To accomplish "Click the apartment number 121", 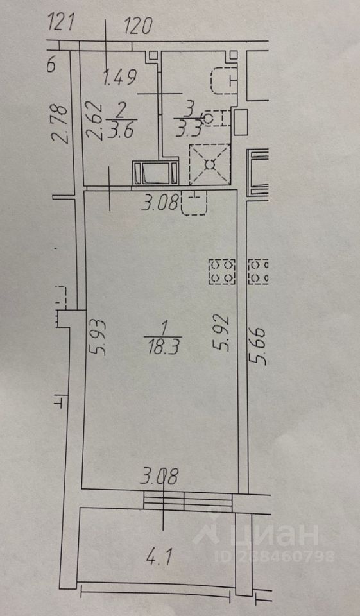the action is (60, 23).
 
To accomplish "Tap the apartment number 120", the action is (138, 26).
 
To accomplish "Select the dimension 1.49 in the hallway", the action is (120, 77).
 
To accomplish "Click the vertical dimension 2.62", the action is (96, 121).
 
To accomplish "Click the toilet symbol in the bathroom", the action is (223, 80).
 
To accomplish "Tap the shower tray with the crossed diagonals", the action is (209, 164).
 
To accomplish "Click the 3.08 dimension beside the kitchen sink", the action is (160, 203).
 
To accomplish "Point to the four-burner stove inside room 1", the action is (222, 271).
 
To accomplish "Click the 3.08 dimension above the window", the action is (160, 477).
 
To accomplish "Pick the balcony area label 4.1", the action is (160, 558).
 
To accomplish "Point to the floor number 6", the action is (51, 65).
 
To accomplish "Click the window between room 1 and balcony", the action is (188, 501).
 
